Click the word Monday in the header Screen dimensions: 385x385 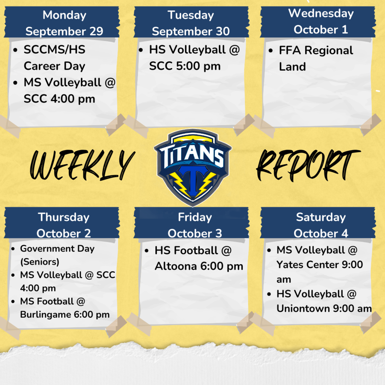[x=64, y=15]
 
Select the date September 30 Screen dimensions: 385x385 [x=191, y=32]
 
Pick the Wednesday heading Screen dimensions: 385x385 [x=321, y=13]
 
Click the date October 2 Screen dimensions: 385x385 [x=64, y=233]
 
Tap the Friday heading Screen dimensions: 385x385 [x=195, y=217]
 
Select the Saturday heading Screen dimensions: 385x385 [x=321, y=217]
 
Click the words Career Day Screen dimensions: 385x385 [x=54, y=66]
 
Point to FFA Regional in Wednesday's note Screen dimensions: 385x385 [x=316, y=50]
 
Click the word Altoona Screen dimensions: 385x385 [x=176, y=267]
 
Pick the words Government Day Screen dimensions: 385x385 [x=57, y=249]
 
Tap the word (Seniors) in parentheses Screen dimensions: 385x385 [x=39, y=262]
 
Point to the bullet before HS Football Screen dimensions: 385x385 [x=147, y=251]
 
